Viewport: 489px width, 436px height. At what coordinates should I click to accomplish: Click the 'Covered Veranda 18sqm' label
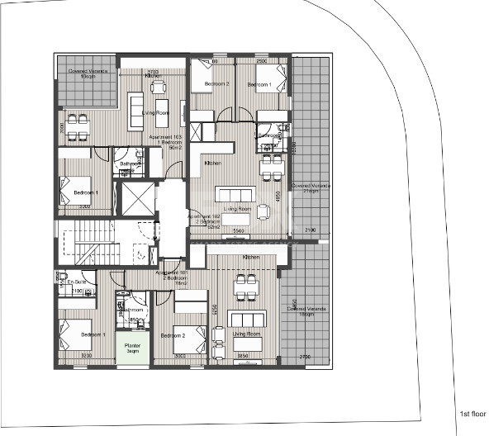tap(306, 311)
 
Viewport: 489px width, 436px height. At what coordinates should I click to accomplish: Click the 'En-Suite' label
tap(75, 282)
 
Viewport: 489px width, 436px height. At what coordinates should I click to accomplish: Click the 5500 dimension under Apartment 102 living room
tap(238, 230)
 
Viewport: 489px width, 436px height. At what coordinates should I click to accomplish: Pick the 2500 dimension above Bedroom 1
tap(260, 61)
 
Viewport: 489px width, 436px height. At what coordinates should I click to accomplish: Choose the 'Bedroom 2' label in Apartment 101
tap(173, 335)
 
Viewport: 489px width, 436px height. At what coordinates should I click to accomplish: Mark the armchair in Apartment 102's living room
tap(263, 211)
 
